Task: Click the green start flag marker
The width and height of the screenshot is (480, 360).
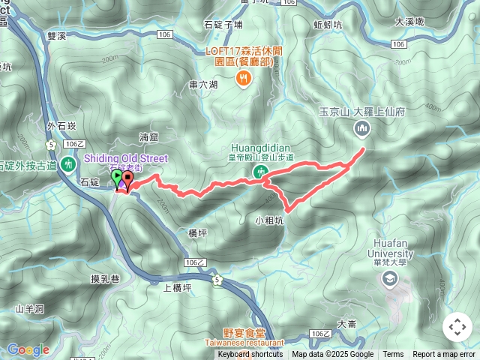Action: point(117,177)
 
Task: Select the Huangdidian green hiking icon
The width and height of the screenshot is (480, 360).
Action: point(262,172)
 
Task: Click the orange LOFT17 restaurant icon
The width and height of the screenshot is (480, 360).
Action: point(243,79)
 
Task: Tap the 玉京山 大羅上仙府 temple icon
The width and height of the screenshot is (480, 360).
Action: point(361,130)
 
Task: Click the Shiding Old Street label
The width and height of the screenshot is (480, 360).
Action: point(125,158)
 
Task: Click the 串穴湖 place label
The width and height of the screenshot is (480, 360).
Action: point(203,85)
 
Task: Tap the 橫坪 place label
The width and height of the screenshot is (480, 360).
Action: point(197,233)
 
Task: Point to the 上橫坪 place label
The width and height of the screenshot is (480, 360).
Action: point(177,286)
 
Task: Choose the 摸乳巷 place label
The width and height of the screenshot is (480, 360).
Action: point(105,279)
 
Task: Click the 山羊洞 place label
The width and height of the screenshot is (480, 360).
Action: point(30,309)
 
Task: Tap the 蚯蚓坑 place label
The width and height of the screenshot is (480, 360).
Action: point(328,24)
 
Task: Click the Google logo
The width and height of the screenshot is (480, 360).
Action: point(28,349)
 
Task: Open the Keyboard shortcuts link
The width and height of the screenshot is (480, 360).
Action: point(250,355)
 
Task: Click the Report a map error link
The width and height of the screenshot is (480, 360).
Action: point(443,355)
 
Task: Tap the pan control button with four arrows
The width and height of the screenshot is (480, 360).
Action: point(457,327)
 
